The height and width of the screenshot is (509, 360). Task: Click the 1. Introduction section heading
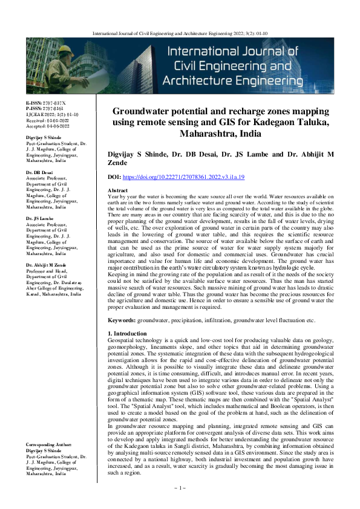(x=126, y=334)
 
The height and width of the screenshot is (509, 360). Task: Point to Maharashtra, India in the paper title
(x=221, y=134)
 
